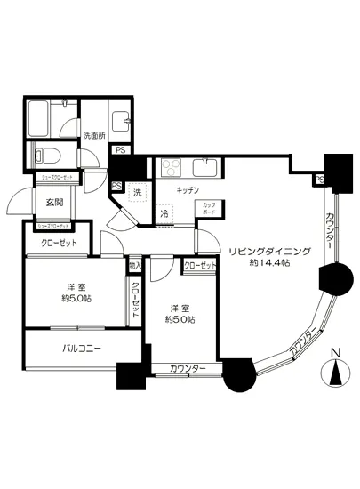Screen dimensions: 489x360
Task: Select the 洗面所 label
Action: click(x=93, y=136)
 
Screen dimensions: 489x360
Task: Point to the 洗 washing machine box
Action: click(x=137, y=193)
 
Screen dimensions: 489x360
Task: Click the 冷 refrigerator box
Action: click(x=164, y=213)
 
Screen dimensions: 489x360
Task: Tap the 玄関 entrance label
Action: click(x=55, y=203)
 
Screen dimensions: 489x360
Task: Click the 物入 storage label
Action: click(x=135, y=265)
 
